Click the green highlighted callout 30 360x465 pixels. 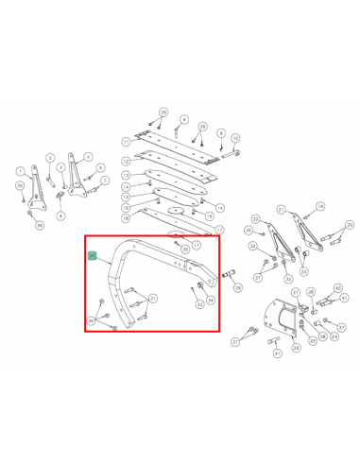pyautogui.click(x=92, y=256)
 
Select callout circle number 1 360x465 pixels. pyautogui.click(x=20, y=171)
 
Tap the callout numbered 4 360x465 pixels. pyautogui.click(x=88, y=156)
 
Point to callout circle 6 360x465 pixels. pyautogui.click(x=60, y=216)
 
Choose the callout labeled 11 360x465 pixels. pyautogui.click(x=126, y=141)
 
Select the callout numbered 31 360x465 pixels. pyautogui.click(x=153, y=299)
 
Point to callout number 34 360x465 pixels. pyautogui.click(x=211, y=300)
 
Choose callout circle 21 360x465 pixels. pyautogui.click(x=281, y=210)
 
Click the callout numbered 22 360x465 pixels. pyautogui.click(x=256, y=219)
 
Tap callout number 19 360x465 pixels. pyautogui.click(x=319, y=206)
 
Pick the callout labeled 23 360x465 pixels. pyautogui.click(x=303, y=271)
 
